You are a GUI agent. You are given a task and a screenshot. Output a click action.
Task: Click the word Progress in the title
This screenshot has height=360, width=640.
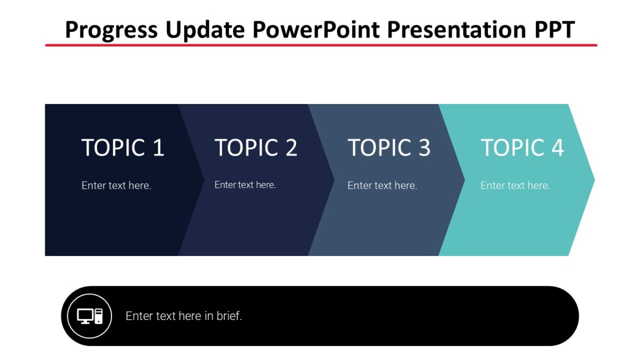point(110,30)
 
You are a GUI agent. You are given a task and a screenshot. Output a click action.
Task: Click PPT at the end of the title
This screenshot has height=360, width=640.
point(554,30)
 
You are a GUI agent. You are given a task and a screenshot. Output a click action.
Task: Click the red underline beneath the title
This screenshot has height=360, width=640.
point(320,45)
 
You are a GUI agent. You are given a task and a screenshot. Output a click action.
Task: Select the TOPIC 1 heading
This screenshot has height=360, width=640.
point(123,148)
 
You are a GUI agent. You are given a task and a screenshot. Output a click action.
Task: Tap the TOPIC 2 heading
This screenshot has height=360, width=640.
point(256,148)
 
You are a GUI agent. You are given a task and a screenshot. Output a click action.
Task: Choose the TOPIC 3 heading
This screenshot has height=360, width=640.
point(389,148)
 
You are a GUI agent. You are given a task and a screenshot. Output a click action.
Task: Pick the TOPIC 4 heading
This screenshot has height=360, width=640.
point(522,148)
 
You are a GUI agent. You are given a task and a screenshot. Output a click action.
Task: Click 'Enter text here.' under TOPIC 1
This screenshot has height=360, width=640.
point(116,186)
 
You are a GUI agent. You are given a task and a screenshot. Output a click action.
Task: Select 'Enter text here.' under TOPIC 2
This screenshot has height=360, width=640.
point(245,185)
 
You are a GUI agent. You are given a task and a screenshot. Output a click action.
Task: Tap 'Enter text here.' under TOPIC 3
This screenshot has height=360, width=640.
point(382,186)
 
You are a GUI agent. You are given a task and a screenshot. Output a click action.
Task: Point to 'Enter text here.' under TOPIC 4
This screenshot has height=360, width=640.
point(515,186)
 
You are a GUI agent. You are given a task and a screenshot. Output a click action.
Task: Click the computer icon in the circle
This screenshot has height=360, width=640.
point(90,316)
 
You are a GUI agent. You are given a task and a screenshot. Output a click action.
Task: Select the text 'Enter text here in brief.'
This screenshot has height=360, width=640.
point(183,316)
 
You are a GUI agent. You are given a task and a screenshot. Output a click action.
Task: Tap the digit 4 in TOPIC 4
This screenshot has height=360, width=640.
point(557,148)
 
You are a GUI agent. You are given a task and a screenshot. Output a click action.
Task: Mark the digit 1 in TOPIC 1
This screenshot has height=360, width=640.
point(158,148)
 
